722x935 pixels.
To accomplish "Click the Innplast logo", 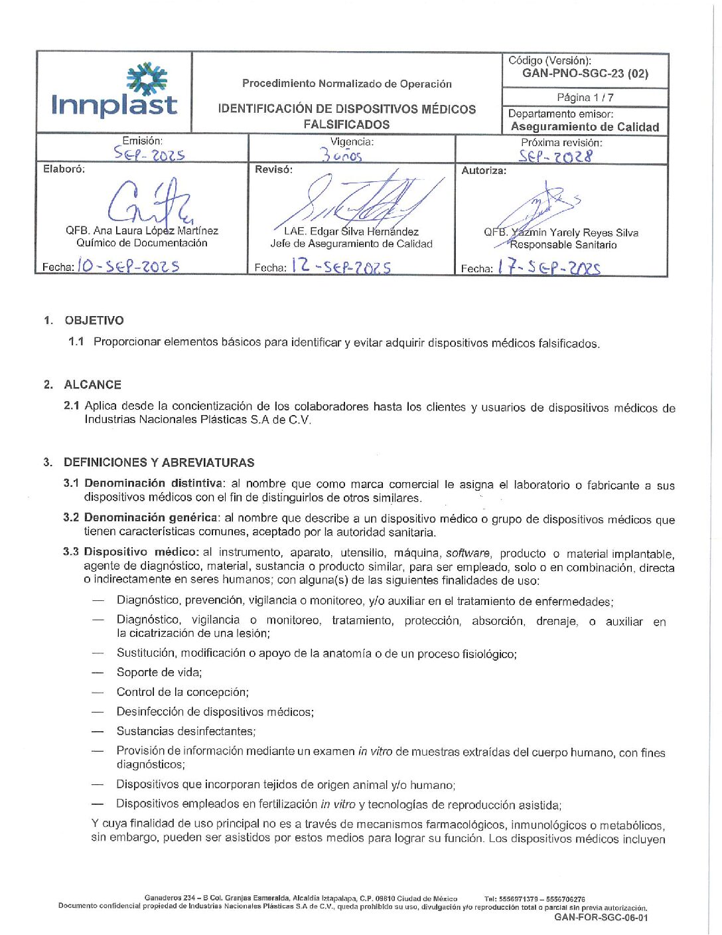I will coord(114,92).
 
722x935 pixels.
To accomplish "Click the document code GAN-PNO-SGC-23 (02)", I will coord(585,74).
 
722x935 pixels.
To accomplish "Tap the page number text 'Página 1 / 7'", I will coord(585,98).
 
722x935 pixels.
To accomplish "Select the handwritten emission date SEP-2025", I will coord(149,154).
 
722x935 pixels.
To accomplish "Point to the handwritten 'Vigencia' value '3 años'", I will coord(341,155).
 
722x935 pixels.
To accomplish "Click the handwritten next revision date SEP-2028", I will coord(555,156).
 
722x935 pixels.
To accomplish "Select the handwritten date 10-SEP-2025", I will coord(128,266).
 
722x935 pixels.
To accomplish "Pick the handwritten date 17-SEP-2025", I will coord(549,267).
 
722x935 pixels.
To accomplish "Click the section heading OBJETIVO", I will coord(94,321).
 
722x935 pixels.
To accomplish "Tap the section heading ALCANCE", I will coord(93,385).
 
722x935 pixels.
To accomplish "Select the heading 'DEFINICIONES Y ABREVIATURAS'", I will coord(159,463).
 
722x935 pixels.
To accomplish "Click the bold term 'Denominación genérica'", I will coord(151,517).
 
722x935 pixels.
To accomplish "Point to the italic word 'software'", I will coord(468,553).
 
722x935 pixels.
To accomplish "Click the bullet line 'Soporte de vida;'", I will coord(159,673).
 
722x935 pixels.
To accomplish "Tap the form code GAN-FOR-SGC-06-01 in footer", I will coord(601,918).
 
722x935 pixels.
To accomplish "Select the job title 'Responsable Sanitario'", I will coord(563,245).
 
